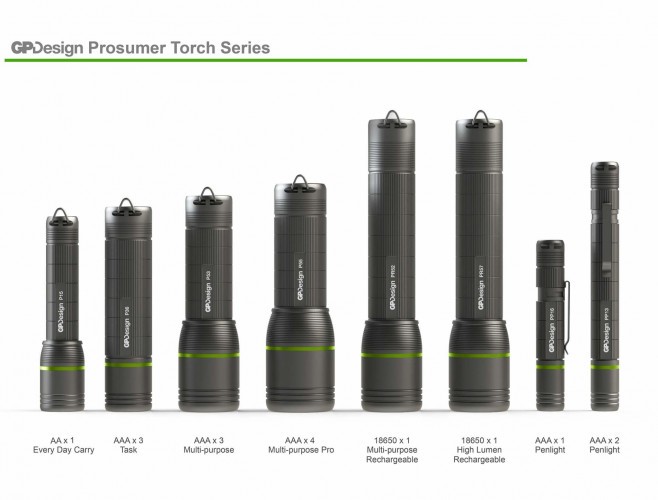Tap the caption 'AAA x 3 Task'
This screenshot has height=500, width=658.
click(x=128, y=445)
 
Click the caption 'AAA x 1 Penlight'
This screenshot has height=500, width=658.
click(x=551, y=445)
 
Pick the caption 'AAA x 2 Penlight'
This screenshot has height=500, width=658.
click(x=605, y=445)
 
